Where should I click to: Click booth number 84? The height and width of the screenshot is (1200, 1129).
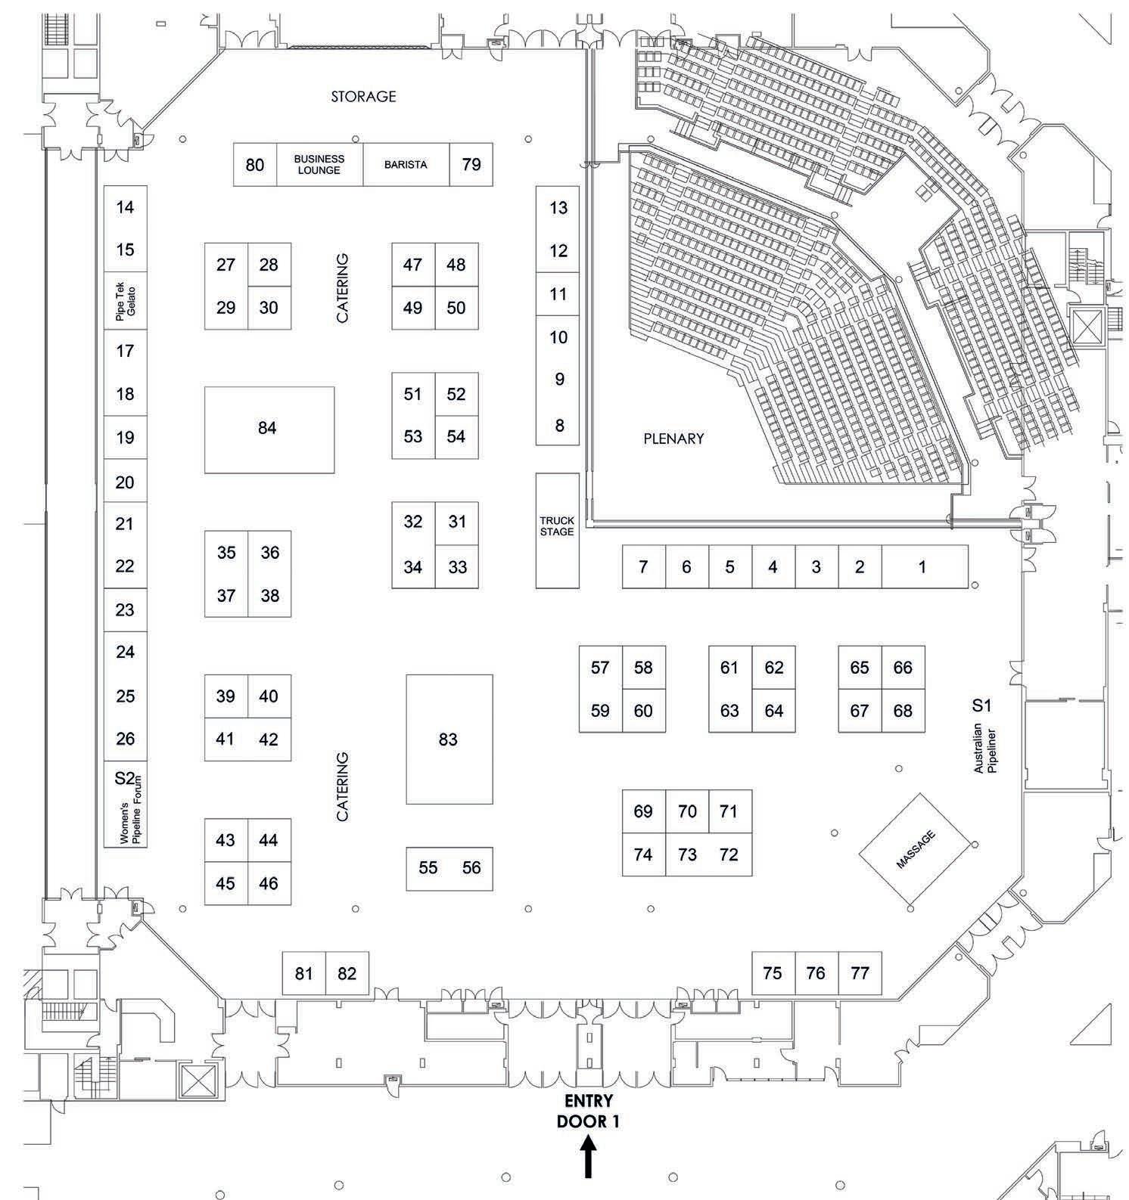click(268, 429)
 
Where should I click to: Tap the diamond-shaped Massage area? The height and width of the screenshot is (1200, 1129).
click(915, 850)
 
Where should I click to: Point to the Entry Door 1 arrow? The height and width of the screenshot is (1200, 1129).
click(588, 1158)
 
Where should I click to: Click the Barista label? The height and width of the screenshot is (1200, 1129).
click(406, 164)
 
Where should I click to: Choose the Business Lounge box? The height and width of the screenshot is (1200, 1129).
click(319, 164)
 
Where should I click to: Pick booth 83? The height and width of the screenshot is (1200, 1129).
click(449, 740)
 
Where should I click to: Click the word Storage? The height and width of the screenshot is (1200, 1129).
click(363, 96)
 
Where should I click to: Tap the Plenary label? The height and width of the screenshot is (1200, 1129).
click(673, 439)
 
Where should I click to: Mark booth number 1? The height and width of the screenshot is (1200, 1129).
click(922, 567)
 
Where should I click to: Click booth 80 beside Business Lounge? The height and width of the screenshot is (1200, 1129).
click(255, 165)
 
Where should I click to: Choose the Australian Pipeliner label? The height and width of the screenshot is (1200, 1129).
click(985, 749)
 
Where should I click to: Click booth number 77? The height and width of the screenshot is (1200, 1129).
click(860, 973)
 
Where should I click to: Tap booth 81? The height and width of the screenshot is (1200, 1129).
click(303, 974)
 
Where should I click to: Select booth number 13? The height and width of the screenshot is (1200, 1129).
click(558, 208)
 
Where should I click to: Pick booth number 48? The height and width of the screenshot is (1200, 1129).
click(456, 265)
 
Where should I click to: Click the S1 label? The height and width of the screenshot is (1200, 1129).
click(981, 705)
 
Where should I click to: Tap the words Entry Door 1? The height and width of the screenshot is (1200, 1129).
click(588, 1111)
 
